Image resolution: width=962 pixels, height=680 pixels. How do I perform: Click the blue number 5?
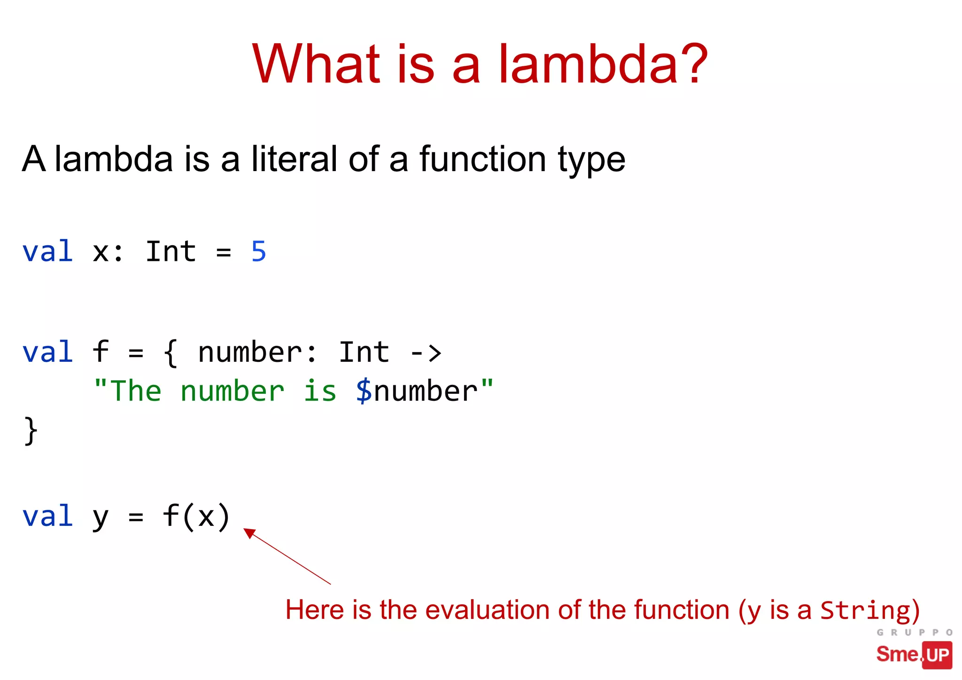pos(258,251)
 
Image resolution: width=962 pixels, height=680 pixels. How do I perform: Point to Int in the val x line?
pos(171,251)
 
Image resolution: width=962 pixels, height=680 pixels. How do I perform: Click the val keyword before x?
pos(47,251)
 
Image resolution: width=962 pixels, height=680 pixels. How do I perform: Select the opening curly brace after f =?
pos(171,353)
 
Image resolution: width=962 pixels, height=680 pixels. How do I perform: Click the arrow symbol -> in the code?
pos(426,353)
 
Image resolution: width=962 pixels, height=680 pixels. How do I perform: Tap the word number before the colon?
pos(250,353)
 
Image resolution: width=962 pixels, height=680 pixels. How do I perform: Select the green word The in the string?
pos(136,391)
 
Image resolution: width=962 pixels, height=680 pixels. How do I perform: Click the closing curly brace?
pos(31,430)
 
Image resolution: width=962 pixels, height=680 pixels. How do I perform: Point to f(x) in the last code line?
pos(196,516)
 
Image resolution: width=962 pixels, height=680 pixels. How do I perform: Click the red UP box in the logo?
pos(938,655)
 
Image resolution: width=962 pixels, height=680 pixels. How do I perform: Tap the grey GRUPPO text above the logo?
pos(914,633)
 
